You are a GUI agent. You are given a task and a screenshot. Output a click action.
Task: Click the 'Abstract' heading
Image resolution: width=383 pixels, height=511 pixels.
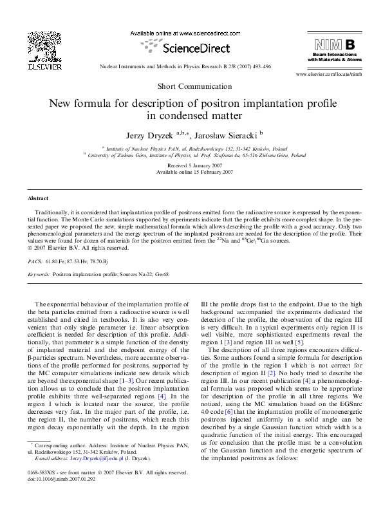38,198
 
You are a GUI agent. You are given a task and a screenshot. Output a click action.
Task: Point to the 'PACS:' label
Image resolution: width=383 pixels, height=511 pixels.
36,263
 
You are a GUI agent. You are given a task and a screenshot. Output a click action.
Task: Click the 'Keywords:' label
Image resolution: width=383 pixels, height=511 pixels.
39,273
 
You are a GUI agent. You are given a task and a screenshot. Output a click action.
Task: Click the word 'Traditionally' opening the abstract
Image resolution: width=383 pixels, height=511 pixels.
53,212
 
